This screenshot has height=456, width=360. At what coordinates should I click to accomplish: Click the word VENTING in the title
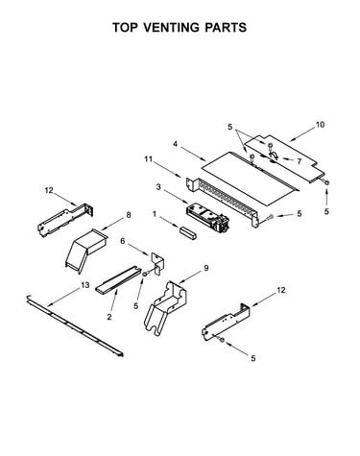click(x=171, y=28)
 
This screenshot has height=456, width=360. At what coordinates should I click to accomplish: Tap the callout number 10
click(x=320, y=125)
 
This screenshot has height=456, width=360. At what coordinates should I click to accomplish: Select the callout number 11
click(x=149, y=158)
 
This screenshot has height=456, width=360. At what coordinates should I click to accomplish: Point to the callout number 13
click(x=85, y=284)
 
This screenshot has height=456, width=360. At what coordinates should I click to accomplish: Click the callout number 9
click(x=206, y=268)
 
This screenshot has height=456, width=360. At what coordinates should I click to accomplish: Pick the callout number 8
click(x=129, y=215)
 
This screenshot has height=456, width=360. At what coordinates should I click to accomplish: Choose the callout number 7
click(x=299, y=161)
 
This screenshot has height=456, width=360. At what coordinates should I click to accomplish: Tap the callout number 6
click(x=123, y=241)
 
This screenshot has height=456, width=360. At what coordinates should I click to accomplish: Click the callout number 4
click(x=175, y=144)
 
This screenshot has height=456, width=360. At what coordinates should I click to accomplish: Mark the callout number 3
click(x=158, y=187)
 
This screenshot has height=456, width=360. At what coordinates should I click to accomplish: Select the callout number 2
click(x=109, y=317)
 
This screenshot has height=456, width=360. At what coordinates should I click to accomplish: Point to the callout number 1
click(x=155, y=214)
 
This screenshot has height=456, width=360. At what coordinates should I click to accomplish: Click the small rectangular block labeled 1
click(x=188, y=232)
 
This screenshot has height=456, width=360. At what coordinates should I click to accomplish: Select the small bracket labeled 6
click(x=157, y=263)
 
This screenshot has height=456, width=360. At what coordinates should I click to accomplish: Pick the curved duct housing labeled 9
click(x=165, y=307)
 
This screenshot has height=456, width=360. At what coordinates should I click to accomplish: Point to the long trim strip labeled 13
click(x=75, y=325)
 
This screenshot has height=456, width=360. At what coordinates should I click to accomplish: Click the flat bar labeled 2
click(x=118, y=280)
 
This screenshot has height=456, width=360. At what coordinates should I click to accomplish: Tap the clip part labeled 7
click(x=273, y=156)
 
